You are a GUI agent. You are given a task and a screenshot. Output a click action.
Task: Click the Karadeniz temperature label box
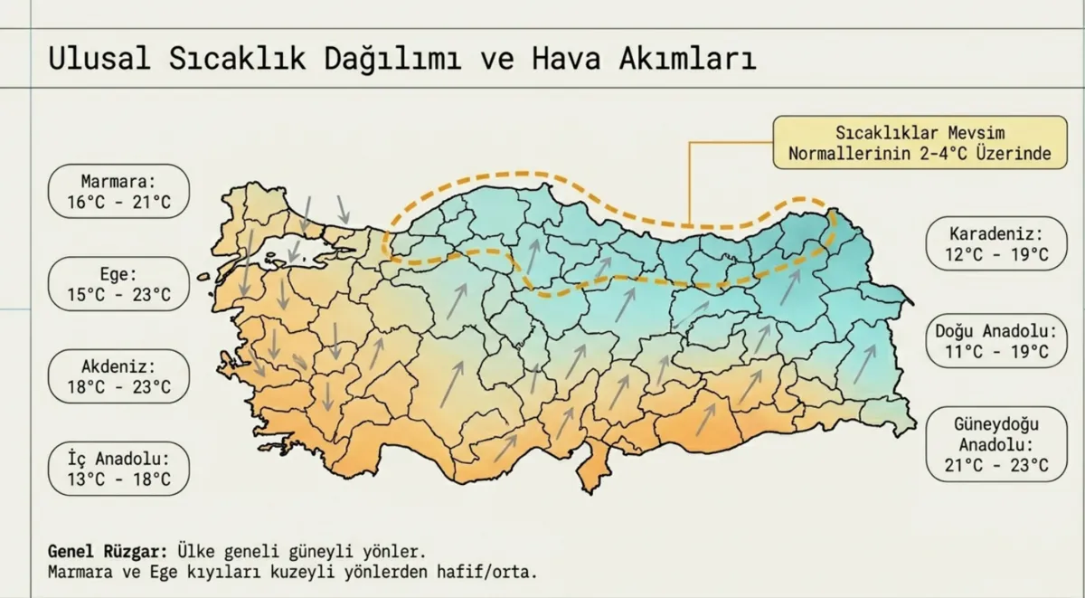tap(995, 244)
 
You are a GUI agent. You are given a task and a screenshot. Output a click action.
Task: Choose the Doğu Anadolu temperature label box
tap(995, 341)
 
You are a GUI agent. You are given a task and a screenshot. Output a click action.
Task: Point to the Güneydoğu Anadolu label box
tap(995, 445)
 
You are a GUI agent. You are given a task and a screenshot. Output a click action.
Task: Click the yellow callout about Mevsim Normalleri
tap(920, 142)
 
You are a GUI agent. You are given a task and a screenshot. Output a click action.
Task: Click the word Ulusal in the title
tap(99, 59)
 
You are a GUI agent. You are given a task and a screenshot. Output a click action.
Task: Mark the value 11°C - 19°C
tap(995, 352)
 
